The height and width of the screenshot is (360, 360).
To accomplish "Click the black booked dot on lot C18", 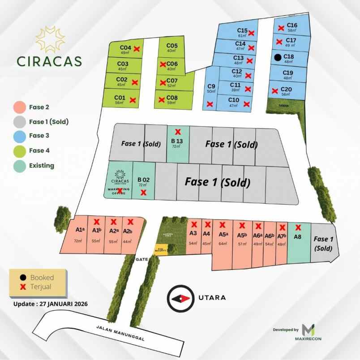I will coord(278,57).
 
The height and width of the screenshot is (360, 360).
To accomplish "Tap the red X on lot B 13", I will coord(178,132).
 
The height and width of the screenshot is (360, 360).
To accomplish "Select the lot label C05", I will coord(172,46).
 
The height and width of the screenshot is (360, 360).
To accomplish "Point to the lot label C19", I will coord(288,73).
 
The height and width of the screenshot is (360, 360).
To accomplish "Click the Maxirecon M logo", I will coord(308,330).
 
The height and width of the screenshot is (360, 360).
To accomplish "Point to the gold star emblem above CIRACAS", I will coord(50,39).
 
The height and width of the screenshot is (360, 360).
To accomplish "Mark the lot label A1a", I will coord(79,230).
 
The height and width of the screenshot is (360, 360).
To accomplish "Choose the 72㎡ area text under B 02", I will coord(143,184).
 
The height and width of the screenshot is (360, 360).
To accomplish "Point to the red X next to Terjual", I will coord(23,287).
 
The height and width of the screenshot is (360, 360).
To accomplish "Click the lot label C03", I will coord(124,64).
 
